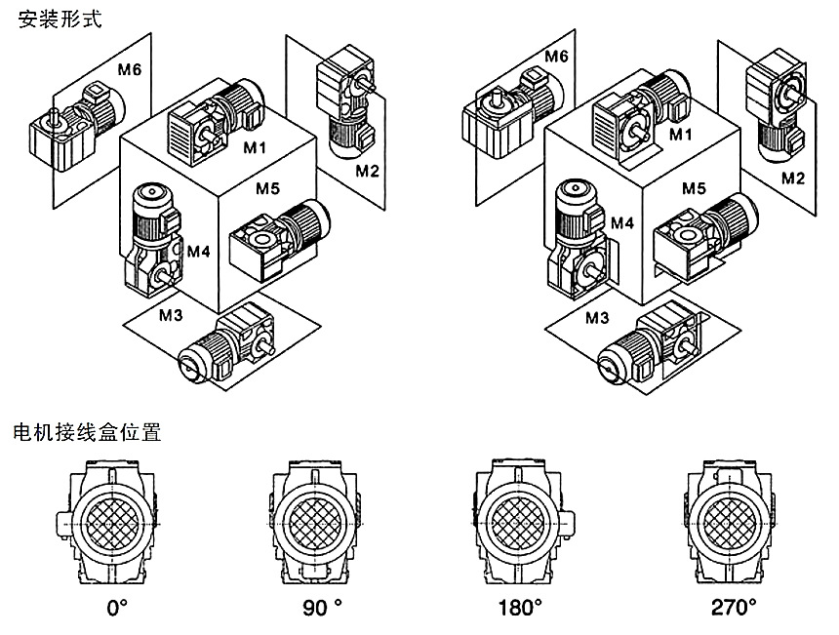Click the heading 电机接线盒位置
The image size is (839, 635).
tap(87, 430)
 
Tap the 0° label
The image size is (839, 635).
tap(117, 609)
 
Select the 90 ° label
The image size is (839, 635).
tap(322, 609)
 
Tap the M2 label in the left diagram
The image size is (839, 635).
tap(367, 172)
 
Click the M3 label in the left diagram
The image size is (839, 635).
tap(172, 315)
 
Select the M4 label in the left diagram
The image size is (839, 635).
tap(199, 252)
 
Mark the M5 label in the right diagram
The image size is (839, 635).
tap(694, 186)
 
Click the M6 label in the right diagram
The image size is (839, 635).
tap(556, 56)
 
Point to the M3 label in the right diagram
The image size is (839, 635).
tap(597, 317)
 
